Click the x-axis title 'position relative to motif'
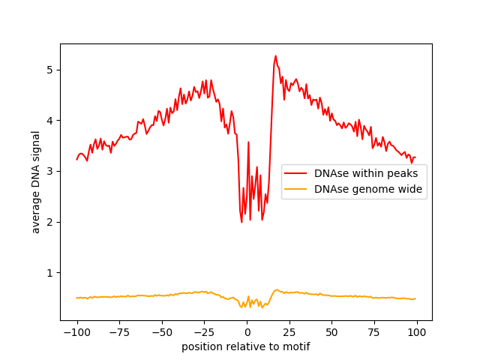[x=246, y=347]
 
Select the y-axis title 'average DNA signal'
[x=36, y=181]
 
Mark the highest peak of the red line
[x=275, y=55]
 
